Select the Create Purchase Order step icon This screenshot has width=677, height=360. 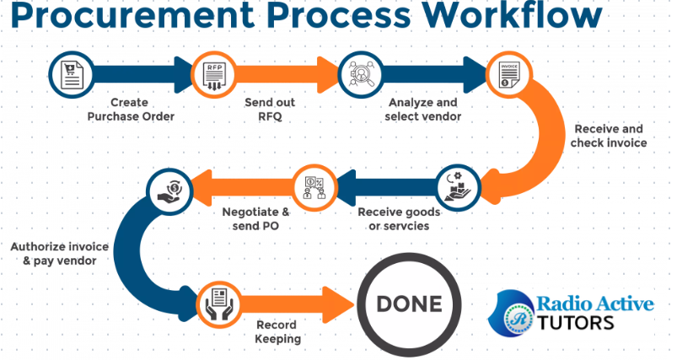pyautogui.click(x=68, y=74)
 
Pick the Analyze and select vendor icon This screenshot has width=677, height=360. pyautogui.click(x=357, y=74)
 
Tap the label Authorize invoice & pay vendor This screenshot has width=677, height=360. pyautogui.click(x=54, y=254)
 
